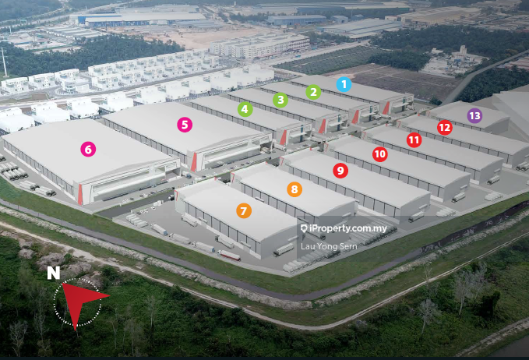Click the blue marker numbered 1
coord(344,83)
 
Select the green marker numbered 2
coord(313,92)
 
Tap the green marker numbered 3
coord(280,100)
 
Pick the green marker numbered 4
coord(245,109)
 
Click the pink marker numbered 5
coord(184,123)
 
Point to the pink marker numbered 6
coord(88,148)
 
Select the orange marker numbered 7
coord(244,210)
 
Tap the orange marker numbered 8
coord(294,189)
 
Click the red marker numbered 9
coord(340,170)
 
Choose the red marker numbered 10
coord(379,154)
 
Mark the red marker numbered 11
coord(414,139)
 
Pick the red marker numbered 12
coord(444,127)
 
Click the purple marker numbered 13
coord(474,115)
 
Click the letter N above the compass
coord(53,274)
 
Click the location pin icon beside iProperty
coord(303,229)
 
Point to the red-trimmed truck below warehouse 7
coord(229,255)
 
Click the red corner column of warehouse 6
coord(80,195)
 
